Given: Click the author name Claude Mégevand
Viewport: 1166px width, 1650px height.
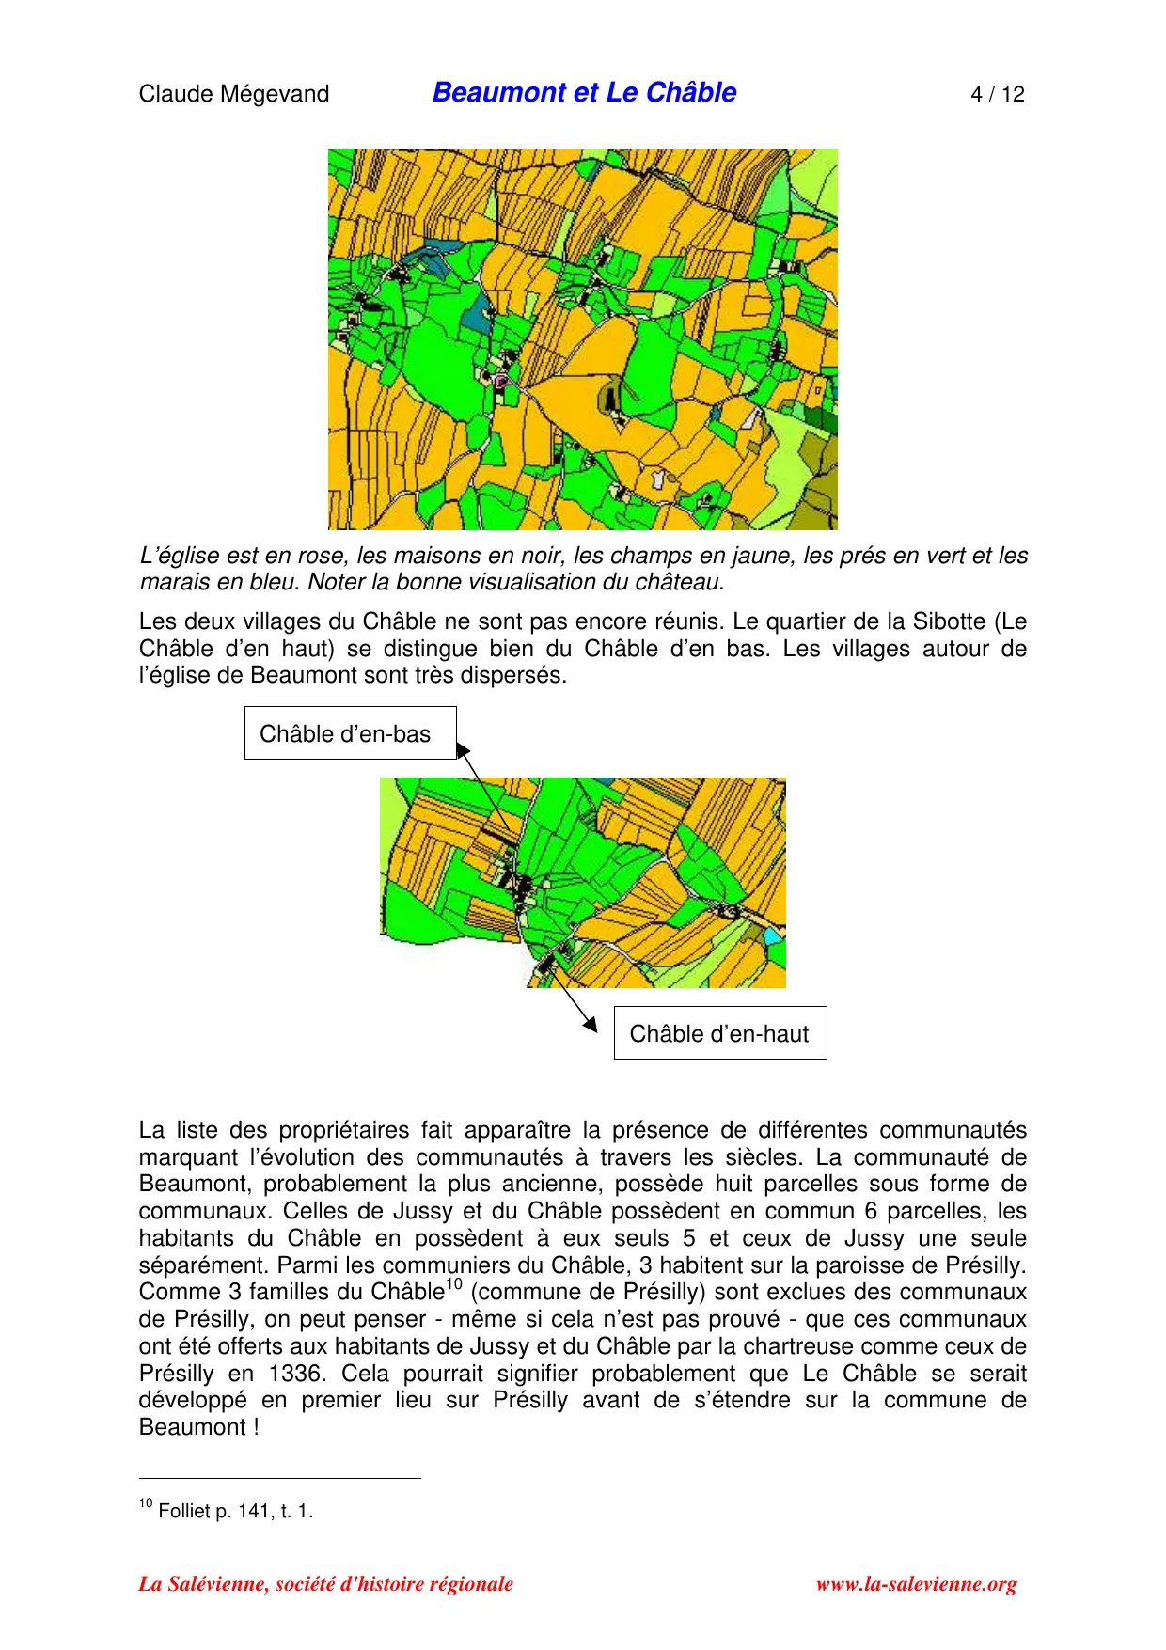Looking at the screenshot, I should [233, 94].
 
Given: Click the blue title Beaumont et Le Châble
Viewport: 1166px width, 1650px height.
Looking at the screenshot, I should [584, 92].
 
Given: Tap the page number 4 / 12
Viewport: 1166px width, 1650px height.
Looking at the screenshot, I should [997, 94].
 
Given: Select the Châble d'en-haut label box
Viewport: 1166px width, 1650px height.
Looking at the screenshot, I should [719, 1033].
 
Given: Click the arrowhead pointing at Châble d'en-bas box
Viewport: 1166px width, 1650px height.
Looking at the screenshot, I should [462, 750].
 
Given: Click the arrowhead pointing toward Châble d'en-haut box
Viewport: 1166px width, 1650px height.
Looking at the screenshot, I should [591, 1024].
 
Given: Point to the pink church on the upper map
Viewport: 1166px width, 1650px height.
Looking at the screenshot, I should [500, 382].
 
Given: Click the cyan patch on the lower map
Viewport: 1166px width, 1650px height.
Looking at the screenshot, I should [772, 935].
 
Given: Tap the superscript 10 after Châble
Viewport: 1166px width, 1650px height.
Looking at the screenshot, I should [454, 1284].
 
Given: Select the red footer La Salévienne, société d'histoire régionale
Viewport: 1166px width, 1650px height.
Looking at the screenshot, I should [325, 1584].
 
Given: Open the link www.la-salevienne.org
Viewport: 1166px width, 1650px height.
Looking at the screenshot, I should [916, 1584].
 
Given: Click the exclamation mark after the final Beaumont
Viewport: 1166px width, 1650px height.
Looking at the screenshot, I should [255, 1427].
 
